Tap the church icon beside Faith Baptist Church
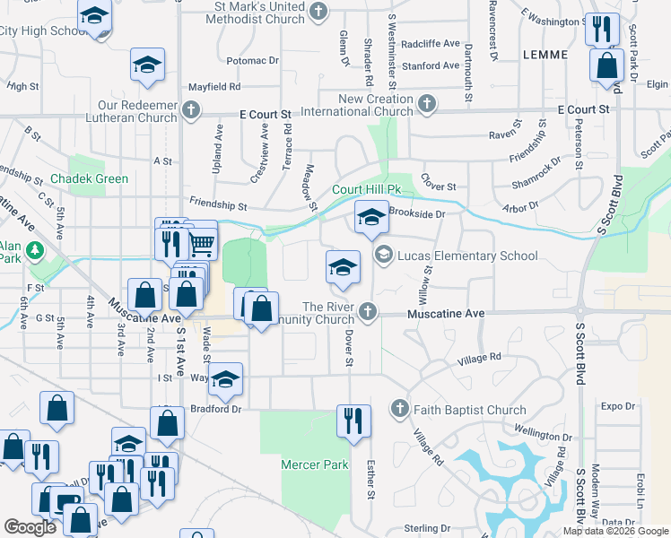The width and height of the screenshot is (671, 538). pyautogui.click(x=400, y=410)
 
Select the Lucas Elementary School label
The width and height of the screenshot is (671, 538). pyautogui.click(x=466, y=256)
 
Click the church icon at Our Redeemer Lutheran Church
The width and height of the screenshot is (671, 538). pyautogui.click(x=190, y=110)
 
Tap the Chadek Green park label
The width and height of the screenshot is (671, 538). pyautogui.click(x=89, y=178)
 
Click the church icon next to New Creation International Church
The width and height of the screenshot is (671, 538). pyautogui.click(x=427, y=105)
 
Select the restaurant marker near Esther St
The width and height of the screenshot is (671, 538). pyautogui.click(x=353, y=419)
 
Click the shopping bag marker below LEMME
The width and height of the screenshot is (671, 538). pyautogui.click(x=607, y=65)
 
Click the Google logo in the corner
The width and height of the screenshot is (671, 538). pyautogui.click(x=30, y=527)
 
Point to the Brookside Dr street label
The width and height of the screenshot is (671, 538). pyautogui.click(x=416, y=214)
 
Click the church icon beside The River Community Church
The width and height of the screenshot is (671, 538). pyautogui.click(x=367, y=312)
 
